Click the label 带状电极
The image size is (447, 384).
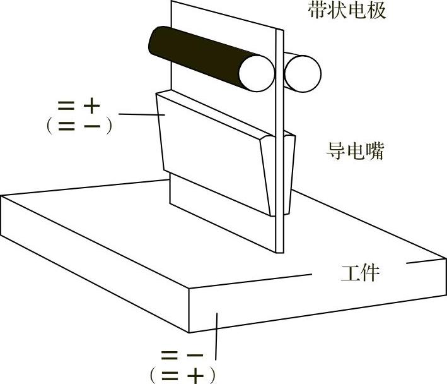coord(347,11)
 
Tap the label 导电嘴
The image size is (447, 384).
coord(355,152)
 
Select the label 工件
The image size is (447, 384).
coord(360,273)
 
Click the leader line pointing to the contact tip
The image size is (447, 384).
coord(142,114)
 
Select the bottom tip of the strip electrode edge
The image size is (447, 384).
coord(278,251)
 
